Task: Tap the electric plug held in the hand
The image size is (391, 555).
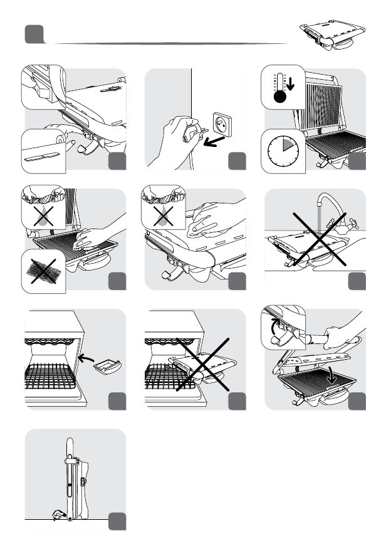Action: point(189,133)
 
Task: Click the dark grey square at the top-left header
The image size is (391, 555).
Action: point(34,35)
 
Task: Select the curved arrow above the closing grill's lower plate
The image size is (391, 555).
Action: point(328,374)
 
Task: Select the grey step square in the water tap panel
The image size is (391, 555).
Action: point(358,281)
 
